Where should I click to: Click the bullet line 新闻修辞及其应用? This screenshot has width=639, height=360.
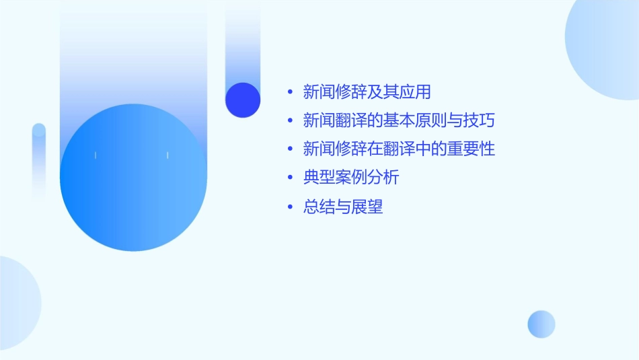[367, 92]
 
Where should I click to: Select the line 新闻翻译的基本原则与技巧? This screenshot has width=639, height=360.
[399, 120]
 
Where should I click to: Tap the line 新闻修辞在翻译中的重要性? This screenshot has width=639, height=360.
[399, 149]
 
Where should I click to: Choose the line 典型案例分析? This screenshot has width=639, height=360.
[351, 178]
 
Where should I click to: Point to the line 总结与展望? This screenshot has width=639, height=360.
[343, 207]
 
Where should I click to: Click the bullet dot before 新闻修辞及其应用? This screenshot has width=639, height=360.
[290, 92]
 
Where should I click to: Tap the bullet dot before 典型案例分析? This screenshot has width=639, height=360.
[290, 178]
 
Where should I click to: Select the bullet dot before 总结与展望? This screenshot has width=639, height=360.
[290, 207]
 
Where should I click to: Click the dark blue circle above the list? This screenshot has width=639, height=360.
[243, 100]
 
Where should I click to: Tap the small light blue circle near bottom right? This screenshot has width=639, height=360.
[541, 324]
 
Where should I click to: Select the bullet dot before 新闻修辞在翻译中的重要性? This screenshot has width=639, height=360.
[290, 149]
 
